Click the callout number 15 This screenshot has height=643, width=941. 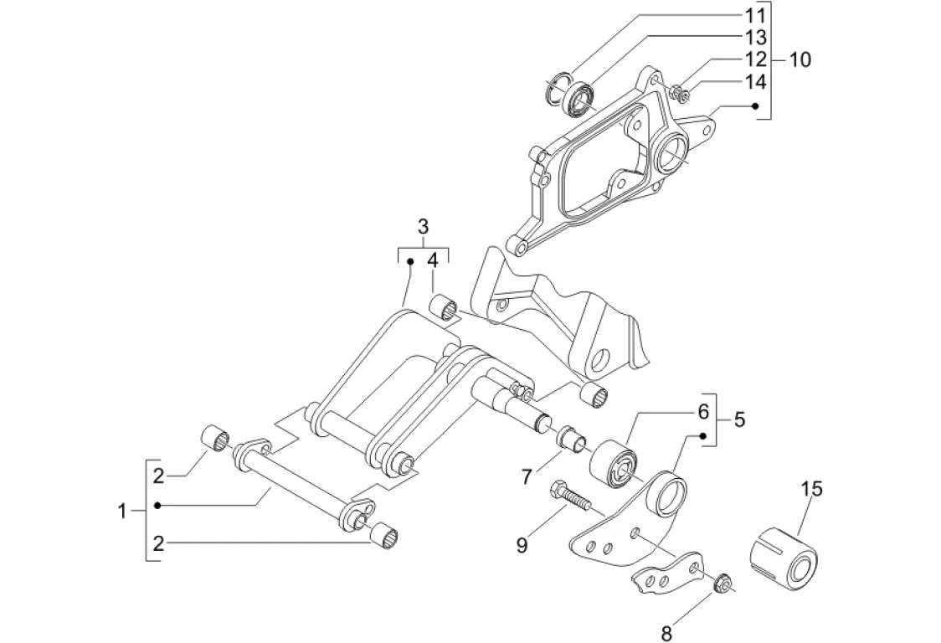tap(810, 489)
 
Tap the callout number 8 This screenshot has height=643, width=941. tap(666, 632)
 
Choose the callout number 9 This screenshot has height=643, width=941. tap(522, 545)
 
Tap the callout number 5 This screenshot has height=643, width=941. tap(739, 419)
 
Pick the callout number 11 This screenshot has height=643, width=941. tap(755, 15)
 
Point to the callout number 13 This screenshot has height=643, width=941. tap(755, 37)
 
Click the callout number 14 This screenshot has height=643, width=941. tap(755, 81)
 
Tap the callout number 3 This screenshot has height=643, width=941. tap(423, 228)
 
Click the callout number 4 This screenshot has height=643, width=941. tap(433, 260)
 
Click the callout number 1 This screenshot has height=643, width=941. tap(122, 512)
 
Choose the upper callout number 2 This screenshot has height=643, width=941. tap(158, 476)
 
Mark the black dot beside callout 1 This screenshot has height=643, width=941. tap(158, 506)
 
